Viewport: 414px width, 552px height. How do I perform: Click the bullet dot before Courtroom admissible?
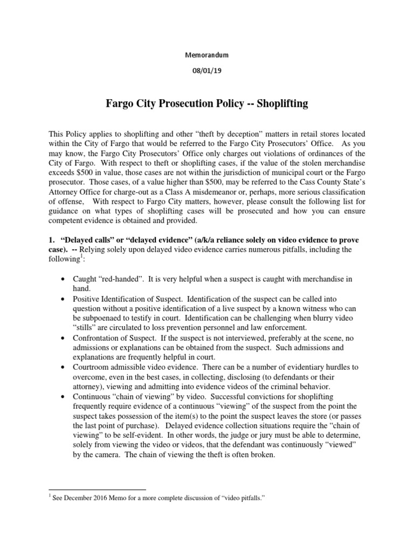[x=64, y=367]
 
